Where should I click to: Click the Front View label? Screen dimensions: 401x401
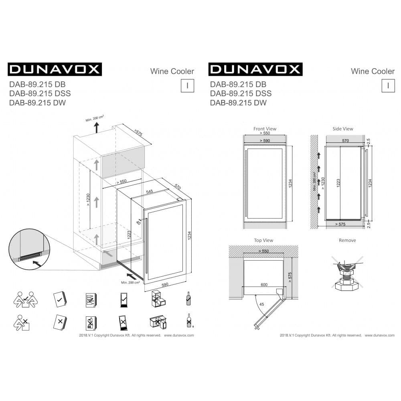265,129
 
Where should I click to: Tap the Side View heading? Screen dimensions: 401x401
343,129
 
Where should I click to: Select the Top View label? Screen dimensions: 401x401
263,240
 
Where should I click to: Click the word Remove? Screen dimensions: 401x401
347,240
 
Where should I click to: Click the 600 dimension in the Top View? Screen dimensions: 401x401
264,284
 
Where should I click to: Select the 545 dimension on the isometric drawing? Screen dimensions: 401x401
149,192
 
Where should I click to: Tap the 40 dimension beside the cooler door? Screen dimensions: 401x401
138,221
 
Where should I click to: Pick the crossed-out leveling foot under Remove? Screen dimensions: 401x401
347,273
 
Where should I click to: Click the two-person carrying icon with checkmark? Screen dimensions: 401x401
25,300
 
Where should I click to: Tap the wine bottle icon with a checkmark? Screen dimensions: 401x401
187,298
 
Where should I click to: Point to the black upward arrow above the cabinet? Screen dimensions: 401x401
96,128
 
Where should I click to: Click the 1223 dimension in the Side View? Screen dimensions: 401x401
339,183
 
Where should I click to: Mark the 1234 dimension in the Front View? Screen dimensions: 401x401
290,183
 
